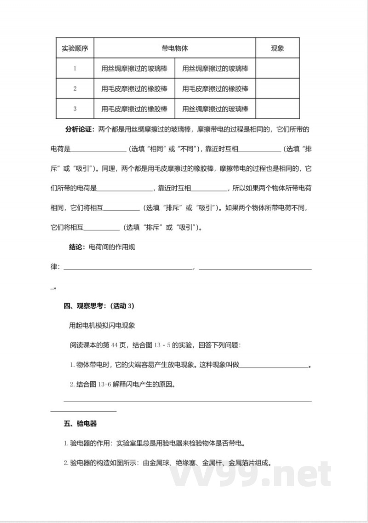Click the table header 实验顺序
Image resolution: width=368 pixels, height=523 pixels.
(x=75, y=48)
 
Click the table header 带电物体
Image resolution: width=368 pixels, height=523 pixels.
(x=175, y=48)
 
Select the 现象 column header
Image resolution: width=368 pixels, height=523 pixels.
(x=277, y=48)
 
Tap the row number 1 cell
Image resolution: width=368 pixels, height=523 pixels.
(x=75, y=68)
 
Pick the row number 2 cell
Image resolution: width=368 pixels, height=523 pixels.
(x=75, y=88)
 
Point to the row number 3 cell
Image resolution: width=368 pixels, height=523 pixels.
(x=75, y=109)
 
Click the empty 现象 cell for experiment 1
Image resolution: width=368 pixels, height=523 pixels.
(x=277, y=68)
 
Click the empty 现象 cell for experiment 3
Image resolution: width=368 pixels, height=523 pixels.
(x=277, y=109)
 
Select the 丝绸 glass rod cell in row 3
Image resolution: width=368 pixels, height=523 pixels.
(x=215, y=109)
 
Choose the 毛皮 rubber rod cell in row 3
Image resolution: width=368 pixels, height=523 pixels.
(x=134, y=109)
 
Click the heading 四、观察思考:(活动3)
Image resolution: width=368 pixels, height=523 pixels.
(x=98, y=305)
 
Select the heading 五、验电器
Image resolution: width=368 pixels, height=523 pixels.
(x=80, y=424)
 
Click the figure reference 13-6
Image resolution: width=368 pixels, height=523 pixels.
(x=104, y=384)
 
